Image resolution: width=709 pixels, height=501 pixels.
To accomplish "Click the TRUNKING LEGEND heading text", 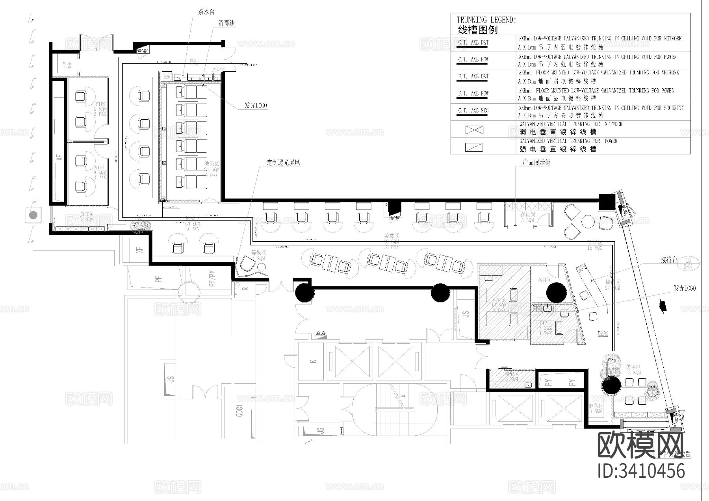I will point(486,20).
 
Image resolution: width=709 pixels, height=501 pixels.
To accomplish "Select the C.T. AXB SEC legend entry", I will point(473,111).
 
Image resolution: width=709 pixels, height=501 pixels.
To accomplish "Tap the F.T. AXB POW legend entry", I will point(473,94).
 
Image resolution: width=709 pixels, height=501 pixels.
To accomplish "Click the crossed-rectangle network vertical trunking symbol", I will point(474,130).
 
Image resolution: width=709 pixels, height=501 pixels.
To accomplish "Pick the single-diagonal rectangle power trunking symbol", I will point(474,147).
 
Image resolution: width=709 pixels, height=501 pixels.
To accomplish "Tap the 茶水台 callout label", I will point(206,12).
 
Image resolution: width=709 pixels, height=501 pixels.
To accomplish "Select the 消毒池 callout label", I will point(226,24).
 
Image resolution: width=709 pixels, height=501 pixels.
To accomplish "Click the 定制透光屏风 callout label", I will point(283,162).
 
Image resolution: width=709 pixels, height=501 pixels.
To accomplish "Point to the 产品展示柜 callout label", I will point(536,162).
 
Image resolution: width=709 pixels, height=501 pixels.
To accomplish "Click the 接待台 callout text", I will point(668,260).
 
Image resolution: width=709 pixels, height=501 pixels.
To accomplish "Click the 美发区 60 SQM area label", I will point(392,241).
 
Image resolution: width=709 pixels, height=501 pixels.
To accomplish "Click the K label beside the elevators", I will point(314,361).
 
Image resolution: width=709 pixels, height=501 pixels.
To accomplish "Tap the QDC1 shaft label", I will point(239,410).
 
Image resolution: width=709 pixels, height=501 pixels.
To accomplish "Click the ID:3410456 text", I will point(641,471).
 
